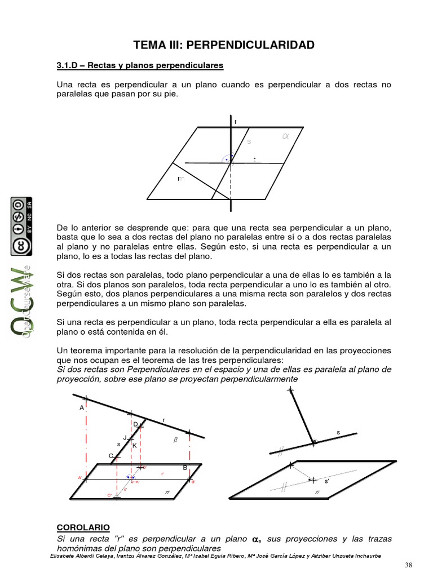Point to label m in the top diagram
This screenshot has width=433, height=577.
click(x=180, y=179)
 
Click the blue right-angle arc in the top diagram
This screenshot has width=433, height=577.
click(x=228, y=158)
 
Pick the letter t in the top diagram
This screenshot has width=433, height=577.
click(x=255, y=159)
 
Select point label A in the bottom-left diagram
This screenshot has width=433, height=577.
click(x=81, y=407)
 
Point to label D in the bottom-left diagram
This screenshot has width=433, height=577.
click(x=135, y=424)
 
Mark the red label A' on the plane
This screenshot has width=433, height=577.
click(x=80, y=478)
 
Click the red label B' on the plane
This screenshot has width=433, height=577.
click(x=193, y=482)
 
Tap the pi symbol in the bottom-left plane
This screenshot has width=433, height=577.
click(x=167, y=491)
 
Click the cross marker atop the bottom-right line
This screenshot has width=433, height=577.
click(x=290, y=389)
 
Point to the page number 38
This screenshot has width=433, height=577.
click(x=409, y=565)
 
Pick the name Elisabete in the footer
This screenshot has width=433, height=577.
click(x=63, y=556)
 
